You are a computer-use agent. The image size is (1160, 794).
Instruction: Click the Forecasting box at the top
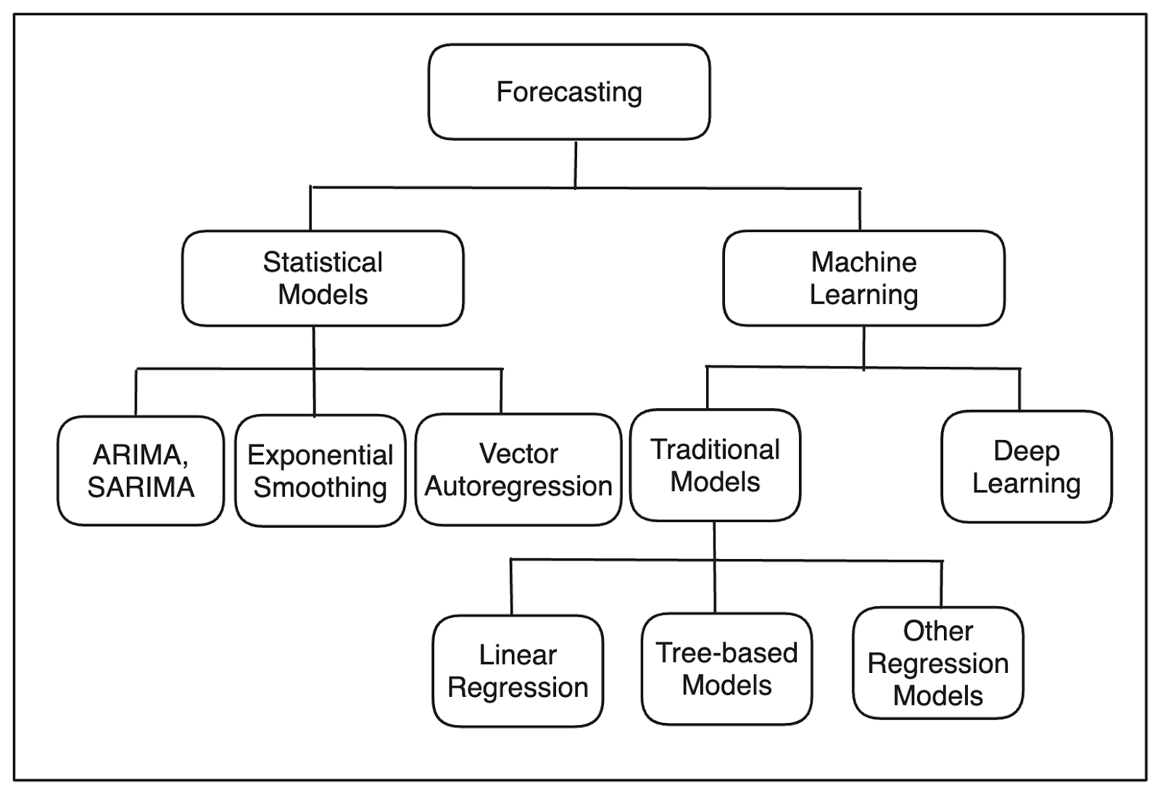pos(569,91)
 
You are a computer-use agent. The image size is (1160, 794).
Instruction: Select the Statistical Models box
pos(323,278)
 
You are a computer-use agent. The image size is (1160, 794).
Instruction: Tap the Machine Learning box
pos(863,278)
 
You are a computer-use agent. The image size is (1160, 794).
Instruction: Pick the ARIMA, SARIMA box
pos(141,471)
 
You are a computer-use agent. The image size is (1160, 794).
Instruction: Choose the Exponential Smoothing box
pos(320,471)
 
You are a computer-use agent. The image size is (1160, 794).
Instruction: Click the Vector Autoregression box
pos(518,470)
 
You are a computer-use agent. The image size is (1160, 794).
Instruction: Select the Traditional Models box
pos(715,465)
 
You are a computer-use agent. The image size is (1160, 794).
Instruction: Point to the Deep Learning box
pos(1027,467)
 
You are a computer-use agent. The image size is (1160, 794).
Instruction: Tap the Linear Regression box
pos(518,671)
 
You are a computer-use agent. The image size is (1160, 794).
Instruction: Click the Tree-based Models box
pos(727,669)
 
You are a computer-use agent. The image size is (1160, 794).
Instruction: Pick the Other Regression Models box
pos(938,663)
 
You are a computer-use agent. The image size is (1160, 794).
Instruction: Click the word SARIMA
pos(141,487)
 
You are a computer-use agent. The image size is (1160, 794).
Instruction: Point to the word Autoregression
pos(518,487)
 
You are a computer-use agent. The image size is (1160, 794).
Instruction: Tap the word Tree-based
pos(727,653)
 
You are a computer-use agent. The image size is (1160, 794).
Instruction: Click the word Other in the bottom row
pos(938,631)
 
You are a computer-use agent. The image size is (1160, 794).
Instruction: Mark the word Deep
pos(1027,451)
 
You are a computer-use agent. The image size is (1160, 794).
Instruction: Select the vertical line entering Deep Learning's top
pos(1019,389)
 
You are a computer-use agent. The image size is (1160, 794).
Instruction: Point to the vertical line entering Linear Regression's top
pos(511,587)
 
